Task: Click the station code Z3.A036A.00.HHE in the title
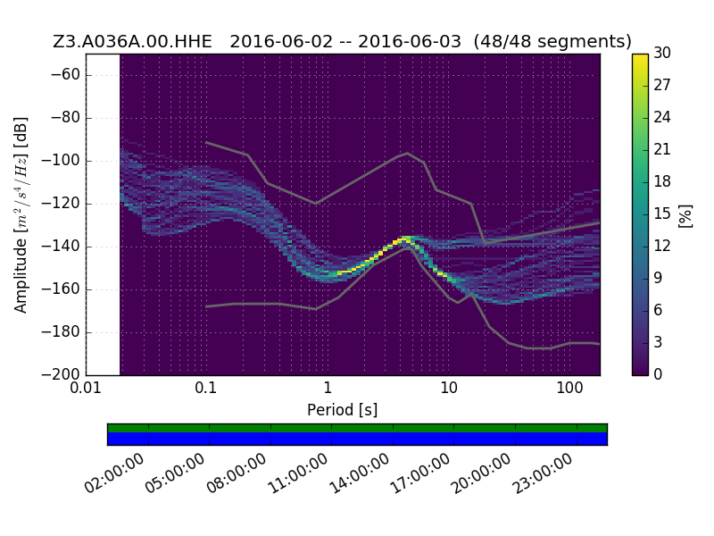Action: (132, 41)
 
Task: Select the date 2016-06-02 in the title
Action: (281, 41)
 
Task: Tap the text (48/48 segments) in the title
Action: (552, 41)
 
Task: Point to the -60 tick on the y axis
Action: (65, 75)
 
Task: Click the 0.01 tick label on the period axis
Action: (86, 389)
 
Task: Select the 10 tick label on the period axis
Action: (449, 389)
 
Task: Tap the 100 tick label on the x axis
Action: (569, 389)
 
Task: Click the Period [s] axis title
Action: (343, 410)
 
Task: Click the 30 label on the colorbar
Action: (662, 54)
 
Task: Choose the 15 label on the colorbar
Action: (662, 214)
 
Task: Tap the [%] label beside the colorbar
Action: (685, 215)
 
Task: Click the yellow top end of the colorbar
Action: (640, 55)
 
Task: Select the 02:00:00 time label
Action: (114, 474)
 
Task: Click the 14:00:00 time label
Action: (360, 474)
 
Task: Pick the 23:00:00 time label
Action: (543, 474)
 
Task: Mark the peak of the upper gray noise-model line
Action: (408, 153)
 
